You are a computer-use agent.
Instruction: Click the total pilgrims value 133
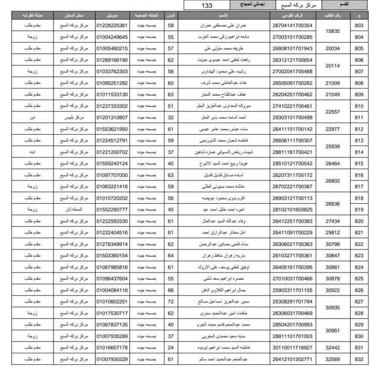[207, 5]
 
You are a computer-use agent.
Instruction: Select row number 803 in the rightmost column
[359, 26]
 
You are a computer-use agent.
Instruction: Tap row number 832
[359, 359]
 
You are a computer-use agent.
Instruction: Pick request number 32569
[332, 359]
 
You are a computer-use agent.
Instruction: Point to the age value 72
[170, 301]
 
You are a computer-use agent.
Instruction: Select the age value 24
[170, 347]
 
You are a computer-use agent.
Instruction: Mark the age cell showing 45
[170, 209]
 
